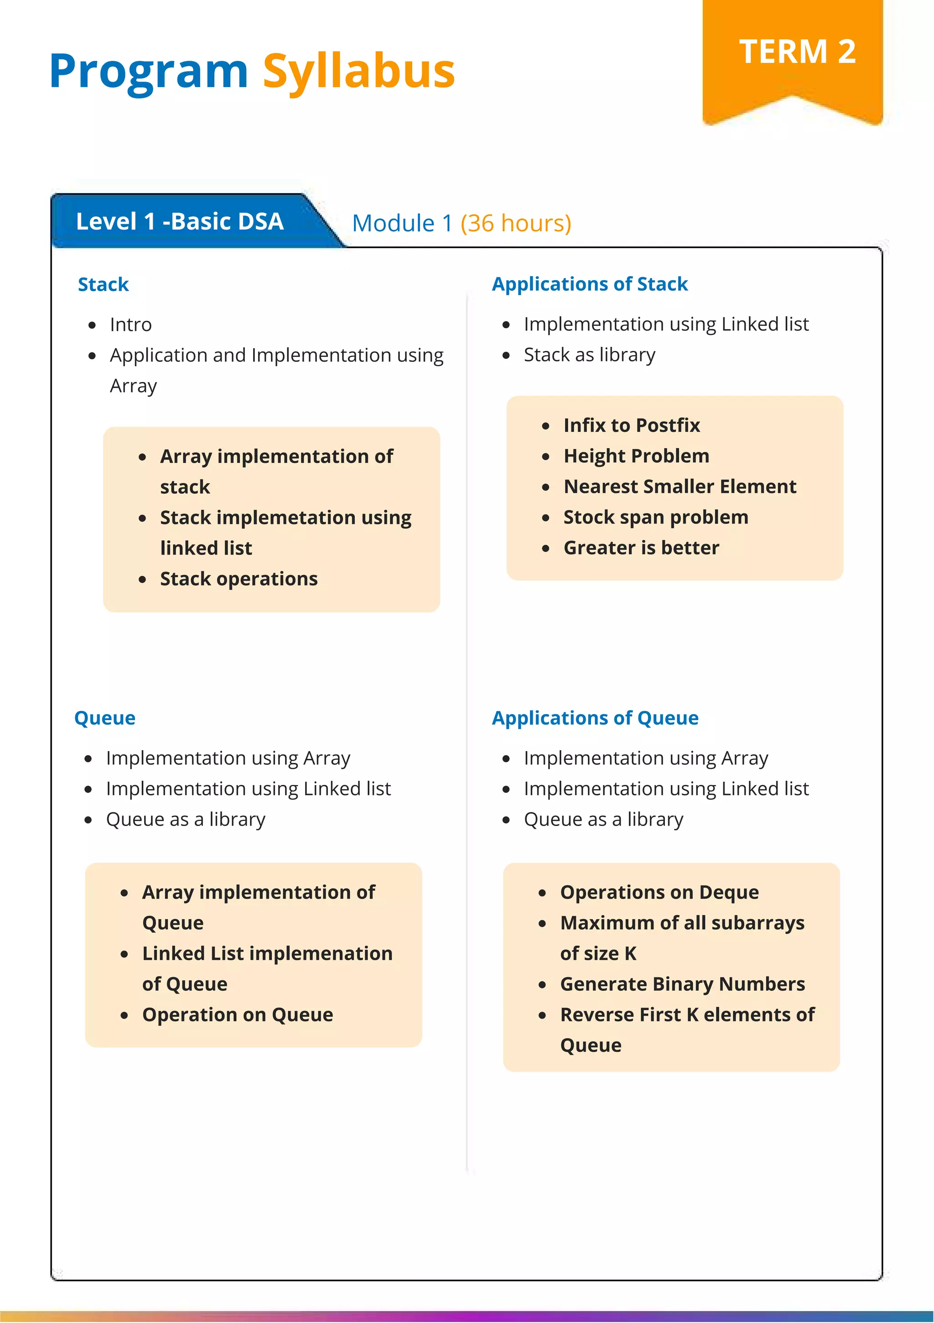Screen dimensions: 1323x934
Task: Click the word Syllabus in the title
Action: coord(359,72)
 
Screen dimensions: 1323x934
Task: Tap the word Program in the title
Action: coord(149,72)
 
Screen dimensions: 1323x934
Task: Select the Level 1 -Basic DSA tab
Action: coord(180,222)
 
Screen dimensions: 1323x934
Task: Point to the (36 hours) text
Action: coord(515,224)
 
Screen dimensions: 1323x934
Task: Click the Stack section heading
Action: coord(103,285)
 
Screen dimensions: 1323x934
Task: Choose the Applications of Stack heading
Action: coord(589,284)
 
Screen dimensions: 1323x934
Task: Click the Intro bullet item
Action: coord(131,325)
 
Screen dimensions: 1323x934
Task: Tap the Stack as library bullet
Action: coord(589,355)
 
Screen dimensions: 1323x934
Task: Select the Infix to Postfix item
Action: coord(631,425)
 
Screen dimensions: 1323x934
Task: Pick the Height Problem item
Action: coord(636,456)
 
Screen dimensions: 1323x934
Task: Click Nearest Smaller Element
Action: coord(680,486)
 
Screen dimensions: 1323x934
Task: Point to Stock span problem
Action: coord(655,517)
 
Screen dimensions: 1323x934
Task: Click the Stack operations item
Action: coord(239,579)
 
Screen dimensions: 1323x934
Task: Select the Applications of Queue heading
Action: coord(595,718)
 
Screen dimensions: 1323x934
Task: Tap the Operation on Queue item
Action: coord(237,1014)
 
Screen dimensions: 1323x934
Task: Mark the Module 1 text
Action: coord(402,224)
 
